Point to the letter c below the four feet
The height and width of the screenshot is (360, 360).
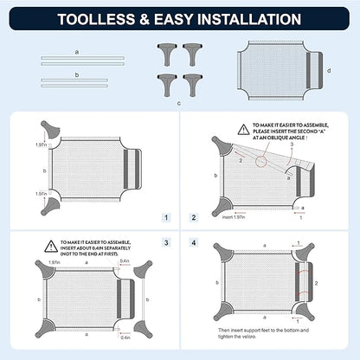179,102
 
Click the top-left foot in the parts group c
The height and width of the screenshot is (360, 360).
164,53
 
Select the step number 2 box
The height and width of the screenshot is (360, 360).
194,218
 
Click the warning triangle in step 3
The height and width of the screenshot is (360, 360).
52,246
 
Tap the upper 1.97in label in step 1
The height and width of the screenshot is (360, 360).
42,145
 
